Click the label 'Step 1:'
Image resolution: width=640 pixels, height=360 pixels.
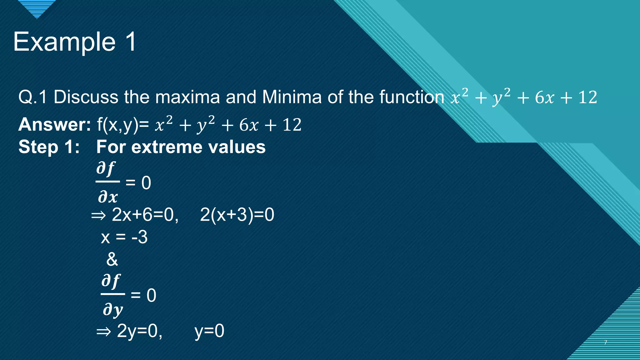coord(49,147)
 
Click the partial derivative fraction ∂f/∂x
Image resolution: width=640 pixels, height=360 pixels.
coord(107,182)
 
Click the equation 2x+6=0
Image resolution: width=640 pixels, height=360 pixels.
coord(145,215)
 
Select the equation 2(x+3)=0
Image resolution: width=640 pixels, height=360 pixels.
coord(237,215)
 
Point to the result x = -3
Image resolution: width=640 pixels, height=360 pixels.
coord(124,237)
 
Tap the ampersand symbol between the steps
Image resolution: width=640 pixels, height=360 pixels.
coord(112,259)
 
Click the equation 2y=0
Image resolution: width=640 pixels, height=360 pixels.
coord(139,331)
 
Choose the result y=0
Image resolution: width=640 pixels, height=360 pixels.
coord(209,331)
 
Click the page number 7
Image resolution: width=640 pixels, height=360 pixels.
coord(606,342)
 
